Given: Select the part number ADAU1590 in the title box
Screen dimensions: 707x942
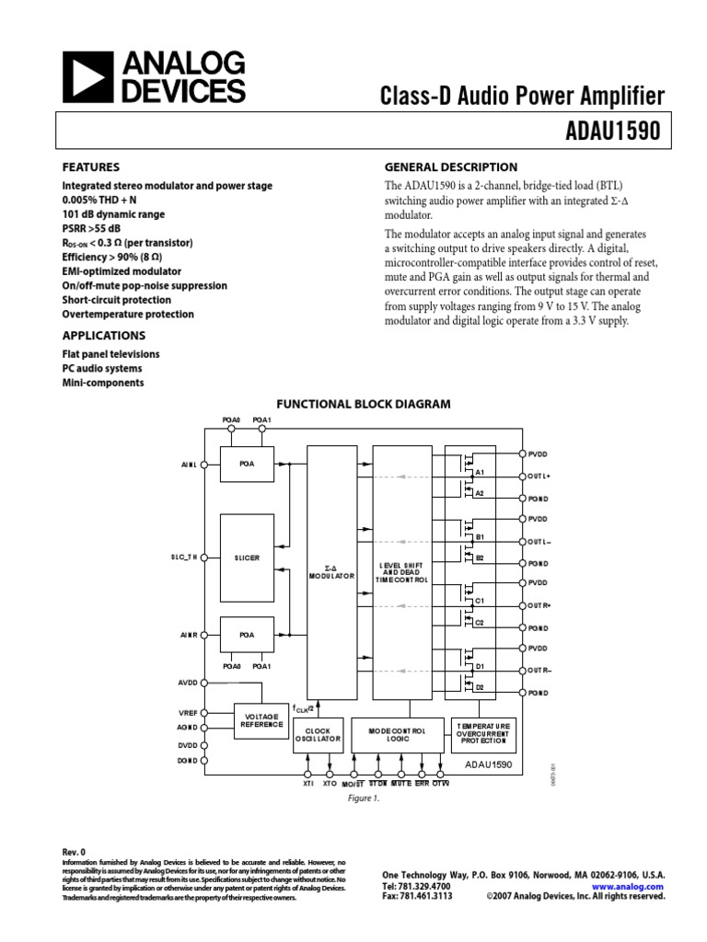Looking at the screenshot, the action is [613, 131].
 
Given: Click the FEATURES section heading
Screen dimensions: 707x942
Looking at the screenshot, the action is [90, 167].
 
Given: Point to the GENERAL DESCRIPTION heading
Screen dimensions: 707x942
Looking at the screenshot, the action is [450, 167].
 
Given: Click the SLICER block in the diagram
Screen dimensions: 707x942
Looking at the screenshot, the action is [247, 557].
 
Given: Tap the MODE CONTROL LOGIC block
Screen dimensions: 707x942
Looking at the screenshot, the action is [397, 733].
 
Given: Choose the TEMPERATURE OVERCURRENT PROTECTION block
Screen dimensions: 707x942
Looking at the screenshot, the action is [481, 733].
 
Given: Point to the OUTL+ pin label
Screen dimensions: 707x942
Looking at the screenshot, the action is [539, 476].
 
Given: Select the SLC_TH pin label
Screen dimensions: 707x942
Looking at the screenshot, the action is [185, 557].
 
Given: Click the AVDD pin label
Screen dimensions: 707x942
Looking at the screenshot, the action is [188, 683].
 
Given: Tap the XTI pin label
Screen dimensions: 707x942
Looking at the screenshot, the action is [307, 784].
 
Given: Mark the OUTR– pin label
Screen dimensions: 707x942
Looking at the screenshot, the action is [539, 670].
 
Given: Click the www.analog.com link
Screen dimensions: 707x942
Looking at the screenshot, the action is [634, 887].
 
